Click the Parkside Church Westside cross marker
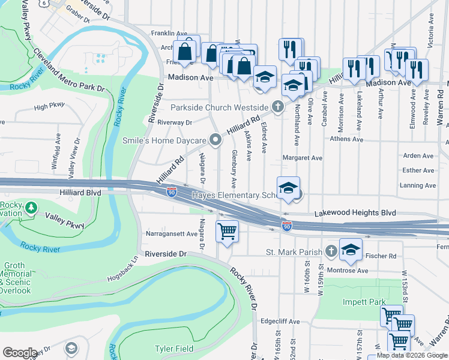click(277, 107)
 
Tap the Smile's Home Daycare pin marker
click(216, 140)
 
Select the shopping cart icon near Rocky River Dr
click(227, 231)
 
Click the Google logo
click(20, 353)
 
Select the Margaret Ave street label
click(303, 158)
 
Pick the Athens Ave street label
click(346, 139)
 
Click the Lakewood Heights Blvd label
click(356, 213)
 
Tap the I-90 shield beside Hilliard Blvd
click(172, 193)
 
